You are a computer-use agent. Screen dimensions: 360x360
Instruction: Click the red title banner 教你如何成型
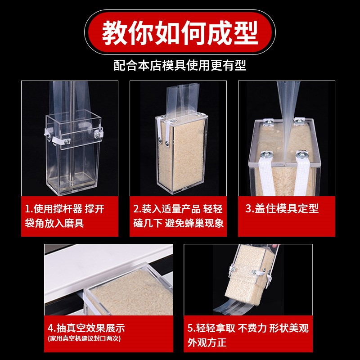pos(180,32)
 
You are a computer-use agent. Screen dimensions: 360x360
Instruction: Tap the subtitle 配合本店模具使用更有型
pos(180,65)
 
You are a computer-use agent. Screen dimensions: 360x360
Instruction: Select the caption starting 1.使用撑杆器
pos(64,216)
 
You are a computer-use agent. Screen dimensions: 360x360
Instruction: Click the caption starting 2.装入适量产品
pos(178,216)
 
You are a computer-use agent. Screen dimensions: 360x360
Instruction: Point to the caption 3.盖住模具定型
pos(282,208)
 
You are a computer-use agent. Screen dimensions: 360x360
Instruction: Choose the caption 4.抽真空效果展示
pos(86,328)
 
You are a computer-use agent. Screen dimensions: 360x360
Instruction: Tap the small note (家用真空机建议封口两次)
pos(84,338)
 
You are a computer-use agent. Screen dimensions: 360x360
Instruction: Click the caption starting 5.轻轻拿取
pos(248,335)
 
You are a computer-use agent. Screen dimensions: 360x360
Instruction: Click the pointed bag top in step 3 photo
pos(288,119)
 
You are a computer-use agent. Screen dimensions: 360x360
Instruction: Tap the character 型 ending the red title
pos(246,32)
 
